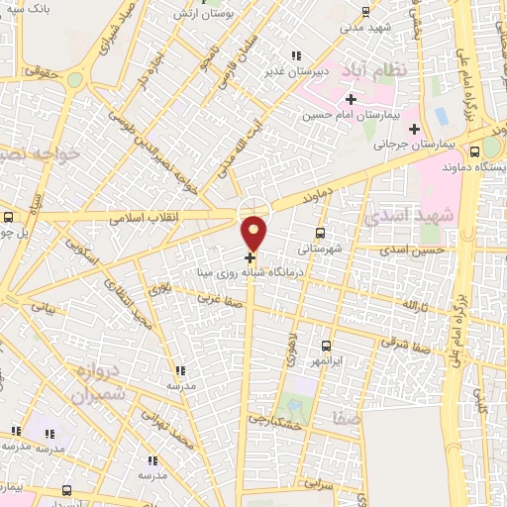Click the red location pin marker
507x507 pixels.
click(x=254, y=232)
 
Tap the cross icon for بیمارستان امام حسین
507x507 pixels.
click(x=352, y=99)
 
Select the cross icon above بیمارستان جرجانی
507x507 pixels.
click(x=414, y=129)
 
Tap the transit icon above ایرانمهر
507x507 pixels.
click(x=328, y=347)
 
